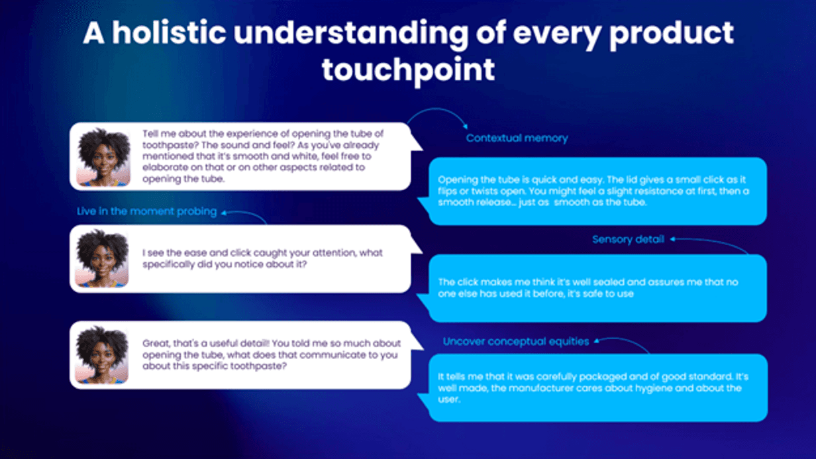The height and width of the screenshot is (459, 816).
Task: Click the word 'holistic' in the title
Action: pos(169,33)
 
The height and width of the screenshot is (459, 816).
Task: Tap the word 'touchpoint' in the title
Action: pos(409,70)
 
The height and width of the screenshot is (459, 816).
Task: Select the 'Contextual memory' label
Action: pos(517,138)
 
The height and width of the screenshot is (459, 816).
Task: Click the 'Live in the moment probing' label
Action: pos(146,212)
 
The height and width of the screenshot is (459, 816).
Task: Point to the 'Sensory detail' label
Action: pos(628,239)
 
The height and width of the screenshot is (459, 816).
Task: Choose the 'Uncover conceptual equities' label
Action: pos(515,342)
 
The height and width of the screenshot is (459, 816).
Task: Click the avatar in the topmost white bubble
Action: pos(103,157)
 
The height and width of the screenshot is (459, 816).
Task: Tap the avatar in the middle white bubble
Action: pos(101,258)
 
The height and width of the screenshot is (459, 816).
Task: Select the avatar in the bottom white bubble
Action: pos(101,355)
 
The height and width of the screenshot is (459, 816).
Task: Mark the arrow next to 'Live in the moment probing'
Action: pos(243,213)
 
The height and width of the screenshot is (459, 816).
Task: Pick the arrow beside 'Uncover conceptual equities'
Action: pos(621,340)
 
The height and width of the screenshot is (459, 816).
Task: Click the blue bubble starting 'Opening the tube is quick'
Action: pos(597,191)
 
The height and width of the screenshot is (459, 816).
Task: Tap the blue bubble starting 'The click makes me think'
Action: pos(597,288)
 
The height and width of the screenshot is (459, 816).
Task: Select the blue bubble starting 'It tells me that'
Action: pos(597,388)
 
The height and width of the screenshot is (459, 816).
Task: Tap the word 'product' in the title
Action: pos(672,34)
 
